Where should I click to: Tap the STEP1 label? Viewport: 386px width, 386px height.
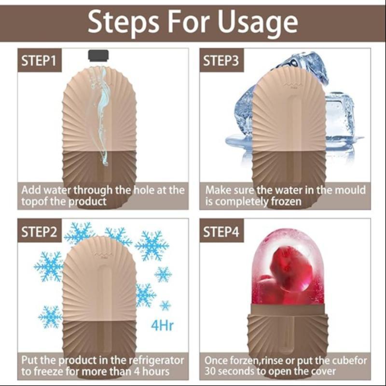coord(40,61)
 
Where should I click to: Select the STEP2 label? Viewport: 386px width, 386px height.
coord(40,232)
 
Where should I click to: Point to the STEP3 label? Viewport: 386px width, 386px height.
coord(221,61)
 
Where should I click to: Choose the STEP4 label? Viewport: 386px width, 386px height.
coord(221,232)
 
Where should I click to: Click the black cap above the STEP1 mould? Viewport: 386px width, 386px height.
coord(98,55)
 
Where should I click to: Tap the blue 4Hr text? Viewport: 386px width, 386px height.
coord(162,325)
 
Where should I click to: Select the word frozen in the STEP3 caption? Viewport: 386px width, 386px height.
coord(286,202)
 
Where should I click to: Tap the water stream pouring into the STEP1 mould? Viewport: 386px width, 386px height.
coord(102,113)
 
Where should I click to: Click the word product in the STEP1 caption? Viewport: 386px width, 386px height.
coord(87,202)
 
